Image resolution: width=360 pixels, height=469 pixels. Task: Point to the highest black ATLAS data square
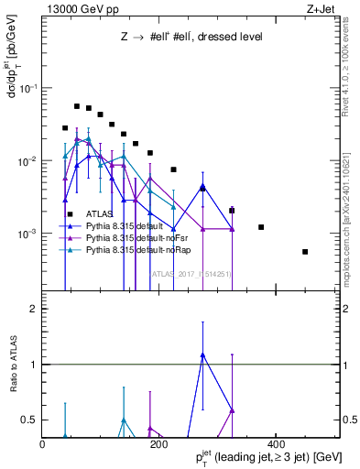point(77,106)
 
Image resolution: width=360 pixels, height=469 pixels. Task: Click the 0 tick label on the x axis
point(43,444)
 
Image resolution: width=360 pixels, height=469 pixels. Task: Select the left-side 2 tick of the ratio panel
point(33,310)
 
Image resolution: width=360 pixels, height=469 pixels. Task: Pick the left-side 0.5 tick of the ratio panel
point(29,420)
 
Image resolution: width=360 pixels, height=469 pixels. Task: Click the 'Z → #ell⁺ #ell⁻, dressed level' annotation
point(191,38)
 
